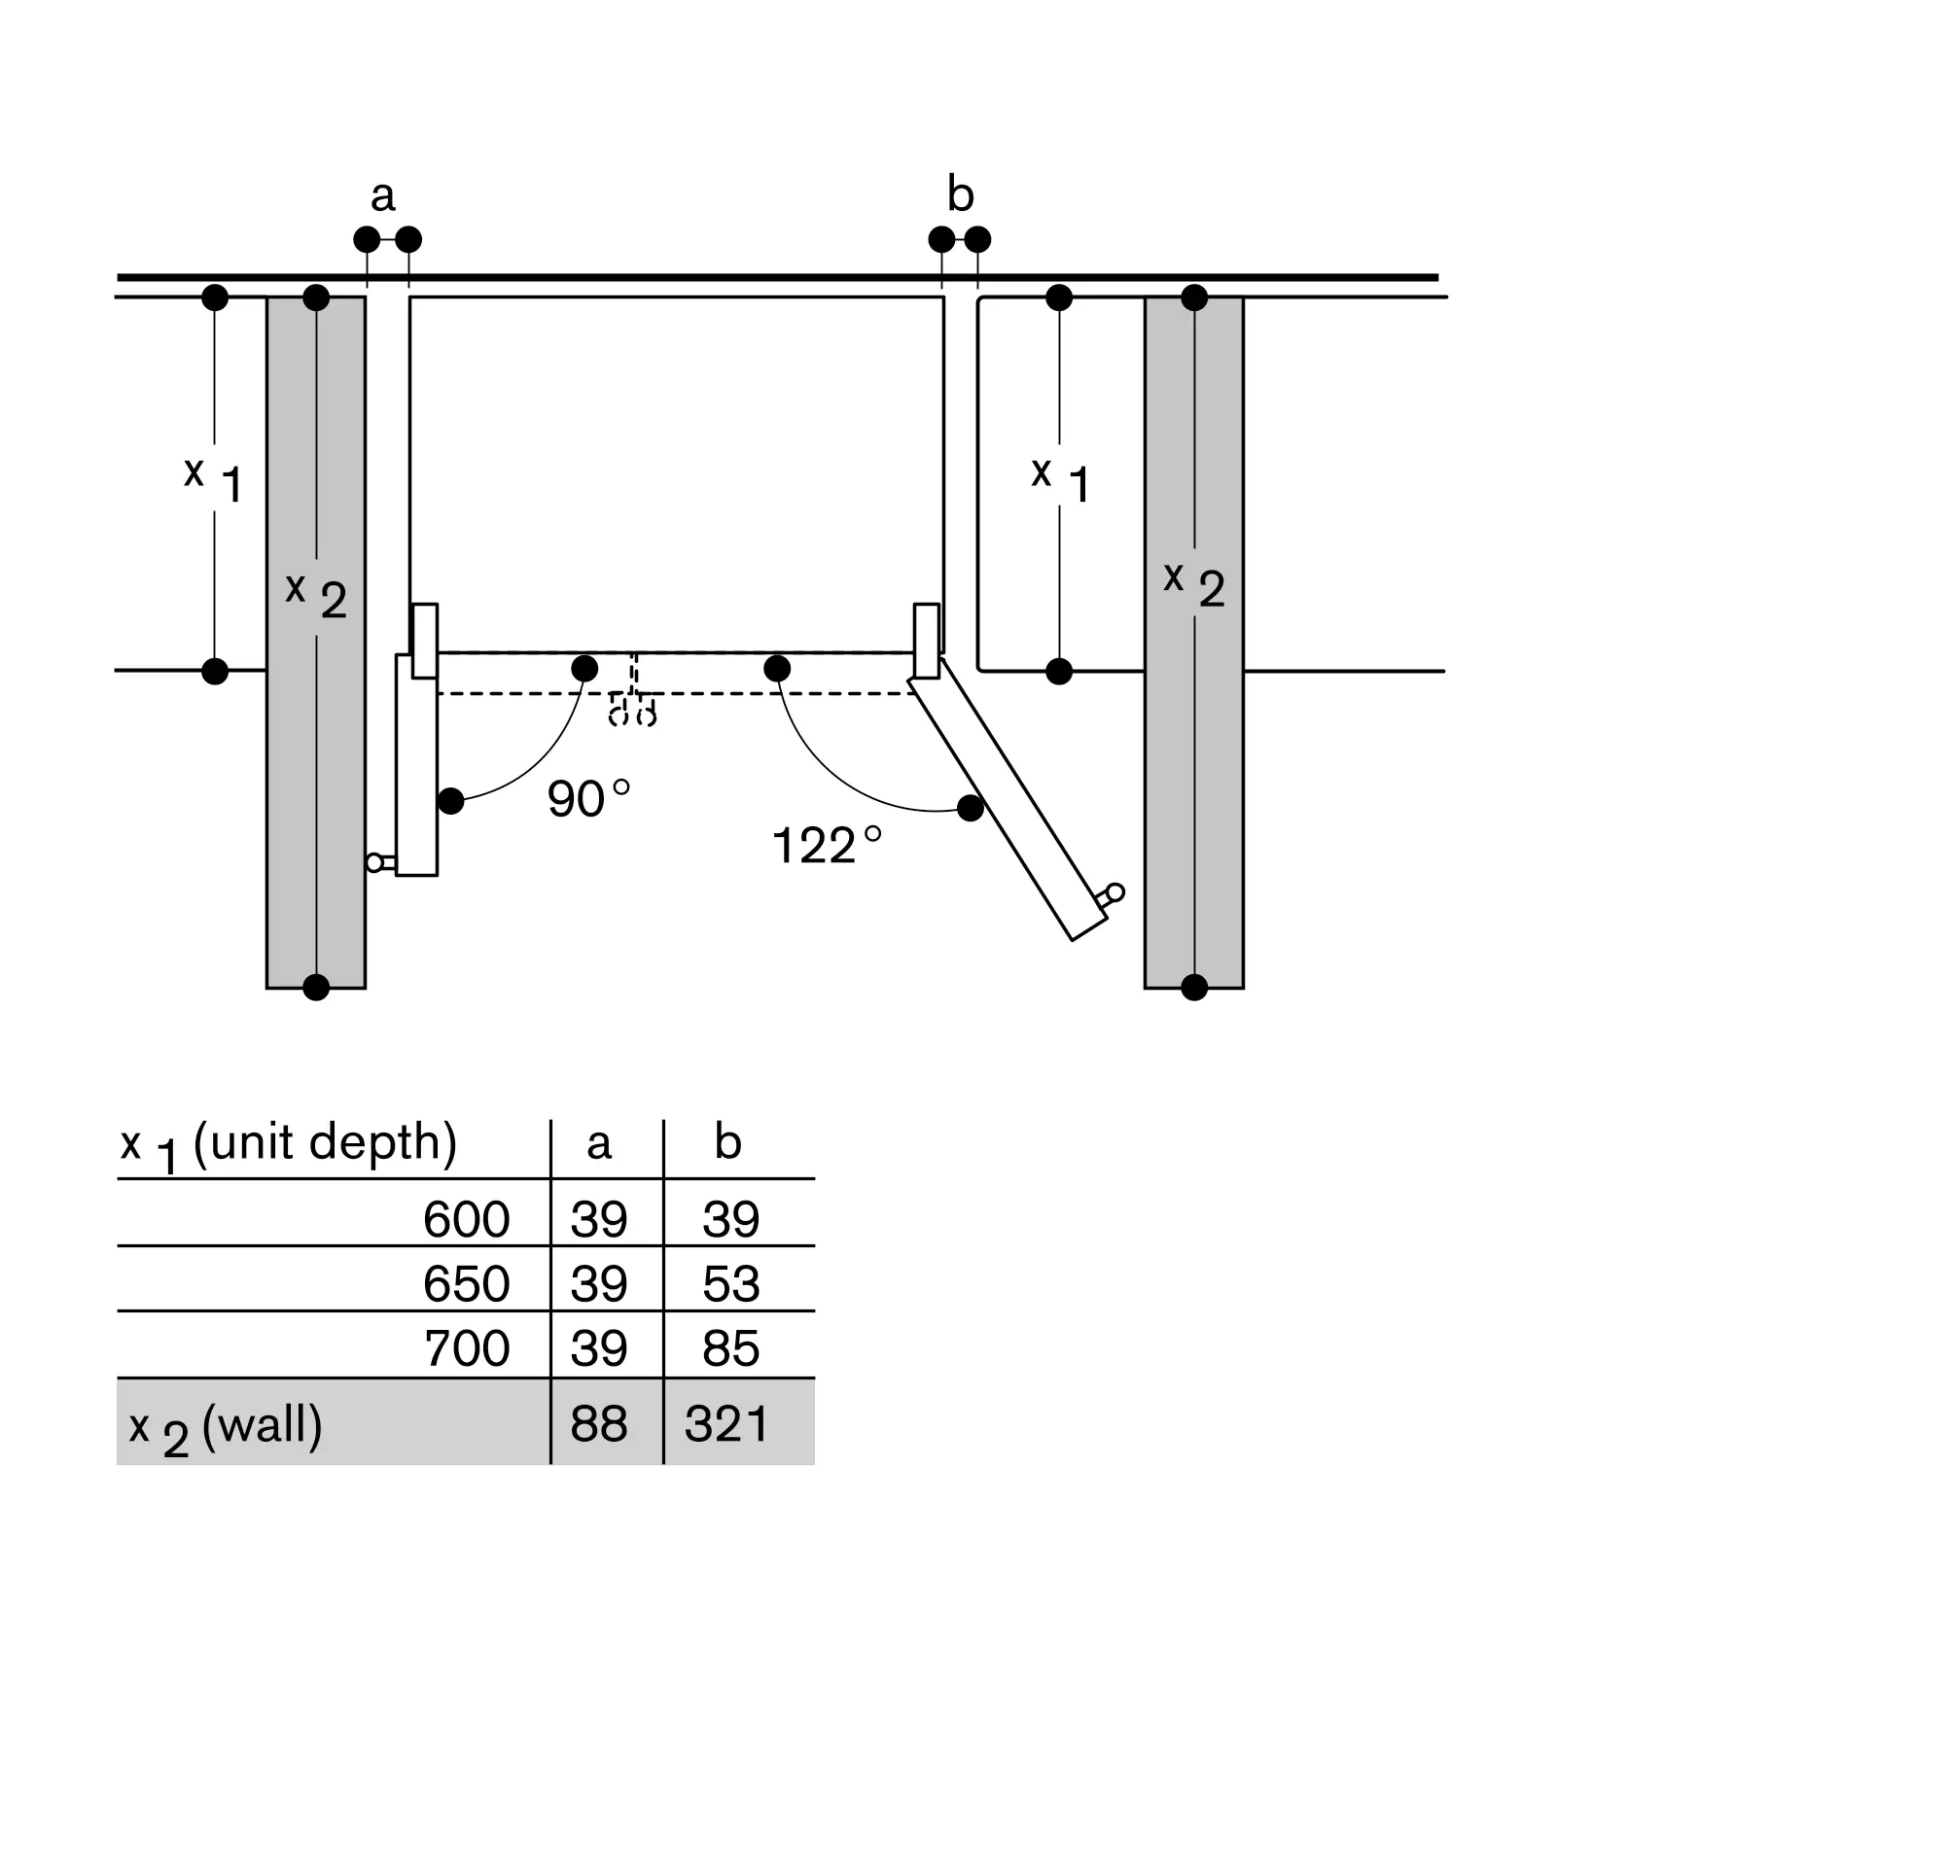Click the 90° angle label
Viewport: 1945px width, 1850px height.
(587, 799)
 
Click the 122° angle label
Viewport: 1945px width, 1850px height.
(826, 845)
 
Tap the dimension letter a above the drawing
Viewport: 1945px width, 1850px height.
(383, 195)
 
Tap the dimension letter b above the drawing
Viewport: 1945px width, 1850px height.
(960, 194)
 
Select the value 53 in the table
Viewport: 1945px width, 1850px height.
(731, 1284)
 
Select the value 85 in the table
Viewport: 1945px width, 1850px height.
(731, 1348)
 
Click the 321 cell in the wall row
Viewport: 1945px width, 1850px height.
(726, 1424)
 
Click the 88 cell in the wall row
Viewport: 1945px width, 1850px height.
(599, 1424)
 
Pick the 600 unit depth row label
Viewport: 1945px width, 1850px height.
(466, 1220)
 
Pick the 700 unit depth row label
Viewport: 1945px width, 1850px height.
(467, 1348)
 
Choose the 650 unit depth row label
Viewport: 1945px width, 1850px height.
(466, 1284)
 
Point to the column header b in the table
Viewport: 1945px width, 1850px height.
(726, 1142)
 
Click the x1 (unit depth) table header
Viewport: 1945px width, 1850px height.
(289, 1145)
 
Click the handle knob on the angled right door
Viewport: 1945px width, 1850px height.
(1114, 892)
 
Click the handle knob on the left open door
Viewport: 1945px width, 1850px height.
(374, 863)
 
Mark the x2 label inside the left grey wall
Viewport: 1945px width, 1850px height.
(316, 596)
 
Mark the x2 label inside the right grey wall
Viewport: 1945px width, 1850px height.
(1193, 584)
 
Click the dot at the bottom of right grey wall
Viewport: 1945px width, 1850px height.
(1193, 987)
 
